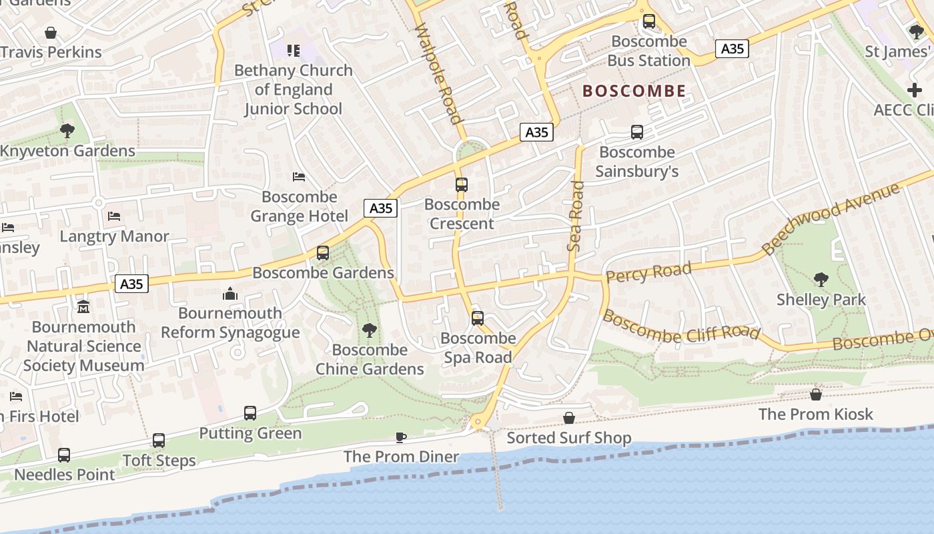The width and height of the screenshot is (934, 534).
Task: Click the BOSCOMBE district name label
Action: pos(634,91)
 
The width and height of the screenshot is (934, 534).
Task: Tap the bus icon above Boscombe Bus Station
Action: pos(649,21)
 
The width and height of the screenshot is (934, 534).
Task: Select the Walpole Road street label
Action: pos(438,73)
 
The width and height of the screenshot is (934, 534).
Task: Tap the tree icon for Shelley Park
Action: pos(821,280)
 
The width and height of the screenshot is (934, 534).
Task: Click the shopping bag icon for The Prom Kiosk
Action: pos(815,394)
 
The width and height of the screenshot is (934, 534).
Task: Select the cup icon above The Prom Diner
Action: pos(400,437)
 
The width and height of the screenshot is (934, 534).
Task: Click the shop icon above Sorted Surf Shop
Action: pos(569,418)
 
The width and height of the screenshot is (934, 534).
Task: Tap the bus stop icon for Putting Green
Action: pos(250,413)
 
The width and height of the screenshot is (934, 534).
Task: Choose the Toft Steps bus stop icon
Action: pos(159,441)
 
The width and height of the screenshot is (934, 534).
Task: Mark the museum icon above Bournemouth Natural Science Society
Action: pos(83,307)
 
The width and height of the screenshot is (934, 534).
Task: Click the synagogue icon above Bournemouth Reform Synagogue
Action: pos(230,294)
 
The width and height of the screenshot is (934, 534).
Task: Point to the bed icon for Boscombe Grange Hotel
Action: pos(299,177)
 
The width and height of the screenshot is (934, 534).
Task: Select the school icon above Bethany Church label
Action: pos(294,51)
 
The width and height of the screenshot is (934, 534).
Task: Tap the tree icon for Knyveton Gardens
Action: pos(67,131)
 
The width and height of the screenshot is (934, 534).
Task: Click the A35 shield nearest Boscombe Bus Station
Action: pos(732,49)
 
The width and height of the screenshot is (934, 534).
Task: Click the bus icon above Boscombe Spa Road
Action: pos(478,318)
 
